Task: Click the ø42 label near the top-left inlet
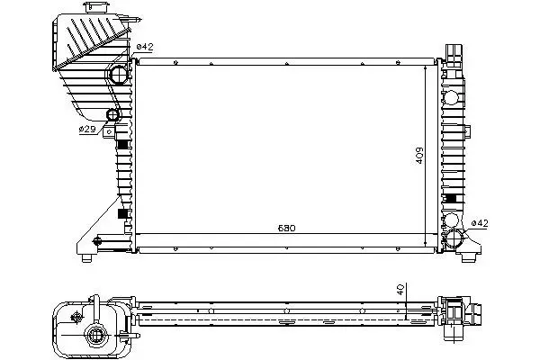(x=145, y=47)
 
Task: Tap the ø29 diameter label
(x=87, y=130)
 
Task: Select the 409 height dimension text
(x=419, y=156)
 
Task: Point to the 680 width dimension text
(x=286, y=228)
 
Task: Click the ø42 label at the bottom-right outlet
(x=480, y=223)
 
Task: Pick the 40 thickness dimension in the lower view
(x=400, y=290)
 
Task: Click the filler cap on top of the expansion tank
(x=97, y=7)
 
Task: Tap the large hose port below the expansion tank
(x=119, y=75)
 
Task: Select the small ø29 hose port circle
(x=113, y=115)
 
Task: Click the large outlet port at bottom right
(x=454, y=238)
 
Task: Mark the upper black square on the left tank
(x=122, y=144)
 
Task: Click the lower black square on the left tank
(x=122, y=213)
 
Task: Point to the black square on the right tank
(x=451, y=198)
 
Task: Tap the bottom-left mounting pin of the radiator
(x=86, y=258)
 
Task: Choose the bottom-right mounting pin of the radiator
(x=468, y=257)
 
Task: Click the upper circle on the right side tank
(x=451, y=97)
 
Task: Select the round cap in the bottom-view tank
(x=94, y=335)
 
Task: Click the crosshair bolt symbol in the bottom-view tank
(x=76, y=317)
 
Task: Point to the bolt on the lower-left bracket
(x=97, y=241)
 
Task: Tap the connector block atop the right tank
(x=454, y=56)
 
